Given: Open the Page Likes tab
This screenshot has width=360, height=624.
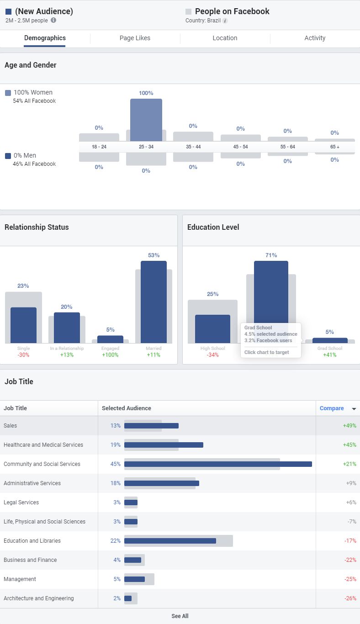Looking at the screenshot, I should (135, 38).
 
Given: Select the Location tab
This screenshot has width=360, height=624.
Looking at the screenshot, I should (225, 38).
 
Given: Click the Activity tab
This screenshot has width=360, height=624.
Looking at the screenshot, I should (315, 38).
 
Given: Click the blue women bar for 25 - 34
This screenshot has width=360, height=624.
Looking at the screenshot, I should (146, 120).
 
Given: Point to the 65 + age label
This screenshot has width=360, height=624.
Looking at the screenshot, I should (334, 147).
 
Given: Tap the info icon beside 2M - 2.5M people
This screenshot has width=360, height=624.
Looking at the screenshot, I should (53, 20).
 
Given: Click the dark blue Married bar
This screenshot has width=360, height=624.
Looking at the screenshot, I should (154, 301).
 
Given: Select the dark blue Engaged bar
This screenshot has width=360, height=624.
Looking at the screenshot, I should (110, 339).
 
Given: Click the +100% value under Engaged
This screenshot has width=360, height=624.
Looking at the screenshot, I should (110, 355).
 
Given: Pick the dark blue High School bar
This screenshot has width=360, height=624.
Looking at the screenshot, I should (212, 329).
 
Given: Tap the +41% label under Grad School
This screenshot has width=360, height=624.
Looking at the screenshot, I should (329, 355).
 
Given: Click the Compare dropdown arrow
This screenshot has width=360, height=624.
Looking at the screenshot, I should (354, 409).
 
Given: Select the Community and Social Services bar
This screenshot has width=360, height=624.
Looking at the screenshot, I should (218, 464).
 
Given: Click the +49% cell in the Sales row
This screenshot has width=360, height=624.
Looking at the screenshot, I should (349, 426).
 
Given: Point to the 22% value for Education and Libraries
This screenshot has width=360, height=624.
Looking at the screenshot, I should (115, 541).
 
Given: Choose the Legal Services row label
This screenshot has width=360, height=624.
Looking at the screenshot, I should (21, 502).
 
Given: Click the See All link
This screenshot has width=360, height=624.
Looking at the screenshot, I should (180, 616).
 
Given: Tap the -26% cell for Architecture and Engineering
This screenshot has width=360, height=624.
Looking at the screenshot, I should (350, 598).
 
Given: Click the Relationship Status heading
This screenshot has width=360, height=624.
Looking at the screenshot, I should (37, 227).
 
